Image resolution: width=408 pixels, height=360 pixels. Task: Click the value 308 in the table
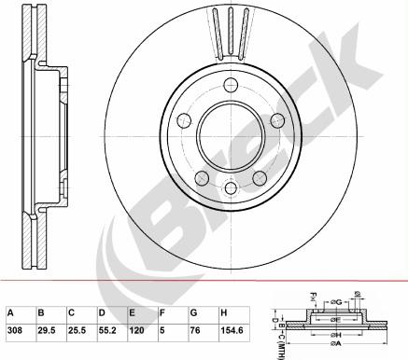tap(15, 329)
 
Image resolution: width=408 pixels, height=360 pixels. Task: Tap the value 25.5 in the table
tap(76, 329)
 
